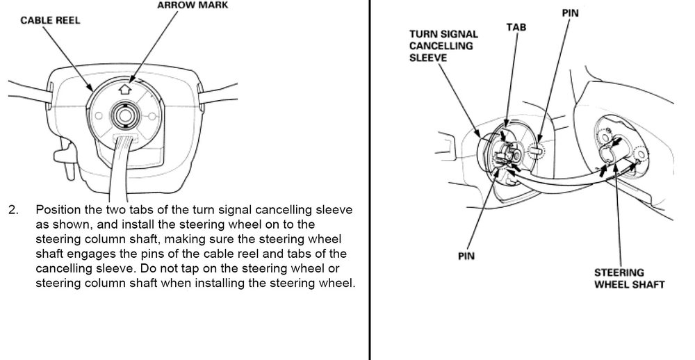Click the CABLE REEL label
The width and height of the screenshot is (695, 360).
pyautogui.click(x=51, y=20)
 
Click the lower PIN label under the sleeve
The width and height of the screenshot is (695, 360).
pyautogui.click(x=466, y=255)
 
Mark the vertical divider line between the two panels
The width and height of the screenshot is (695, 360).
pyautogui.click(x=369, y=208)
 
